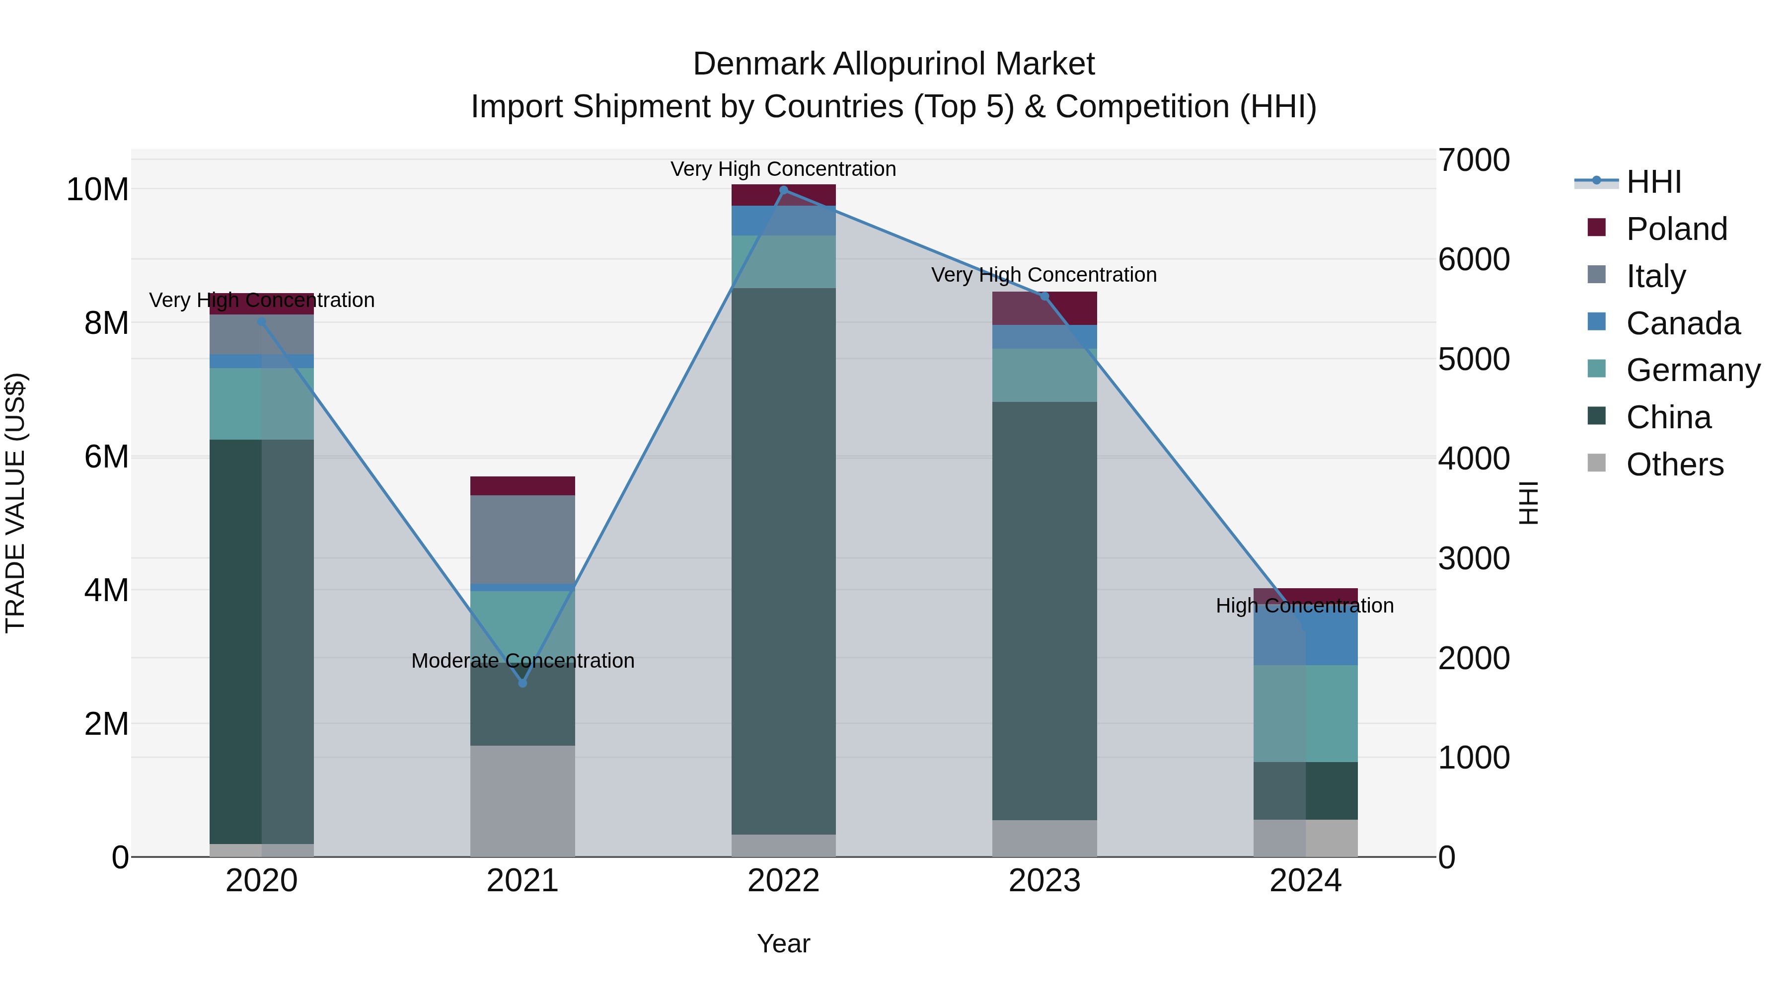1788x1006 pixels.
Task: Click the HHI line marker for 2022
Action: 784,190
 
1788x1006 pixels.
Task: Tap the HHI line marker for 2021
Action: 522,683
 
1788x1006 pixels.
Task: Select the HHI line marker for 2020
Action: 262,321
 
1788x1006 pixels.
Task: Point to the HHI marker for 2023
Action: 1044,297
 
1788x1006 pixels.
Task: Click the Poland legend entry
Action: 1676,229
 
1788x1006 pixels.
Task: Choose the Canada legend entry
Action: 1683,323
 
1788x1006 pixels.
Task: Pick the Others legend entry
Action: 1674,464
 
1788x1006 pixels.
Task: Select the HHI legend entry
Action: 1653,182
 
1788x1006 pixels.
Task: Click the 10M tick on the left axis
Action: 97,190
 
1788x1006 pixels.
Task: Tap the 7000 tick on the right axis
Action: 1473,160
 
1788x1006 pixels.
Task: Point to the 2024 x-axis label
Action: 1305,881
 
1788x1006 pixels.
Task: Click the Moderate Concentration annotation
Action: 522,660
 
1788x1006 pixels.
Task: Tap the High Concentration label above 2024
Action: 1304,606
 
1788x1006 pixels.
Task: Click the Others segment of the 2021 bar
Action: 522,800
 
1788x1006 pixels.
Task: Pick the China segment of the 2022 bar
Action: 784,561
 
